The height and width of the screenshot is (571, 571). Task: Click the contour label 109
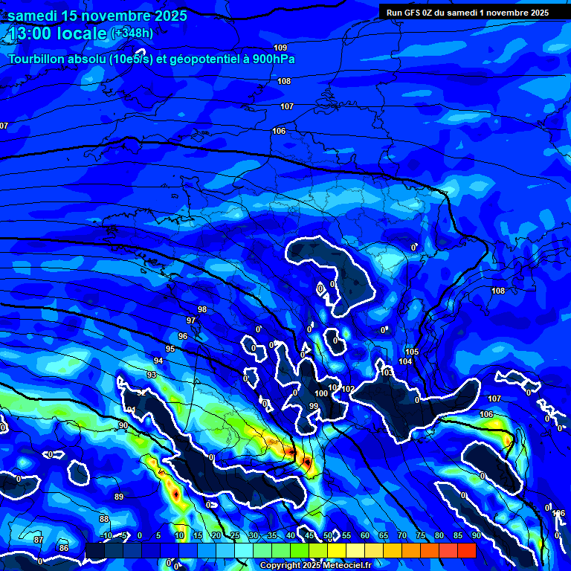coord(280,48)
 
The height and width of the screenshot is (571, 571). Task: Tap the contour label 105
coord(412,352)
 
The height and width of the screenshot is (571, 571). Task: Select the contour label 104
coord(405,361)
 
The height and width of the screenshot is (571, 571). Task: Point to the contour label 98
coord(202,309)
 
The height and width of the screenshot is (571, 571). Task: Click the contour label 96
coord(183,336)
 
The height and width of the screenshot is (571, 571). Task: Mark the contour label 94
coord(158,361)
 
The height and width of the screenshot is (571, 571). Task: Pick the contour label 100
coord(321,393)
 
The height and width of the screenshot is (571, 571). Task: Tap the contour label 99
coord(314,406)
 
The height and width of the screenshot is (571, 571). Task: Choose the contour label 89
coord(119,497)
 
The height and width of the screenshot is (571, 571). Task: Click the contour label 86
coord(64,548)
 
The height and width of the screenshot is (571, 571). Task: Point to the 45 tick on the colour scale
coord(309,536)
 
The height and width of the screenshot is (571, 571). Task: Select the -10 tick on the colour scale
coord(106,536)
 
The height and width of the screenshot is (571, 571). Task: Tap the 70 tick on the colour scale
coord(401,536)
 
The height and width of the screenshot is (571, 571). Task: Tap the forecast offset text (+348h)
coord(132,33)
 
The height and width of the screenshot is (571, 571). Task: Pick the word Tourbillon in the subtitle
coord(35,59)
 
